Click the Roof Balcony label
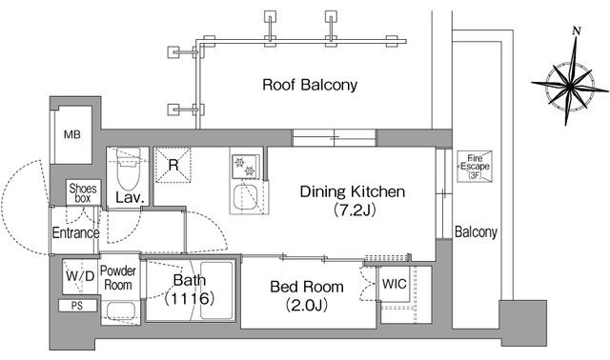pyautogui.click(x=310, y=85)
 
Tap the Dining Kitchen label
pyautogui.click(x=353, y=191)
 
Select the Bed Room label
pyautogui.click(x=307, y=287)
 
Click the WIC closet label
pyautogui.click(x=394, y=284)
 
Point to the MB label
pyautogui.click(x=72, y=135)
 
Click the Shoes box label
pyautogui.click(x=83, y=193)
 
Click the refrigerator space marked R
pyautogui.click(x=173, y=165)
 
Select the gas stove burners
pyautogui.click(x=245, y=167)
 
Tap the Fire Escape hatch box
pyautogui.click(x=475, y=167)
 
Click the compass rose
pyautogui.click(x=570, y=84)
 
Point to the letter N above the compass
pyautogui.click(x=577, y=31)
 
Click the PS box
pyautogui.click(x=77, y=306)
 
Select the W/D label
pyautogui.click(x=80, y=276)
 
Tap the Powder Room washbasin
pyautogui.click(x=121, y=311)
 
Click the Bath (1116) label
pyautogui.click(x=190, y=290)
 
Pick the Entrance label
pyautogui.click(x=75, y=233)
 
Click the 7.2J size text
pyautogui.click(x=355, y=210)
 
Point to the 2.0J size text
pyautogui.click(x=307, y=305)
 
